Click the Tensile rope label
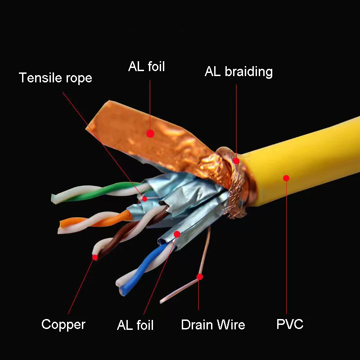(55, 78)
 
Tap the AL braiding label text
(238, 72)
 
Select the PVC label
(290, 324)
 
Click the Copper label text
(63, 324)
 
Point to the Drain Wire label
(213, 324)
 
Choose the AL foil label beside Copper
(135, 325)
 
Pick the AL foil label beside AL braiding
(147, 67)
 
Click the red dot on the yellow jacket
(286, 178)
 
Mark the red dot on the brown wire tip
(95, 257)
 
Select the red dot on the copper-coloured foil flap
(150, 134)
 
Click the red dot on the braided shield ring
(236, 160)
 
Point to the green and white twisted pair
(99, 191)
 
